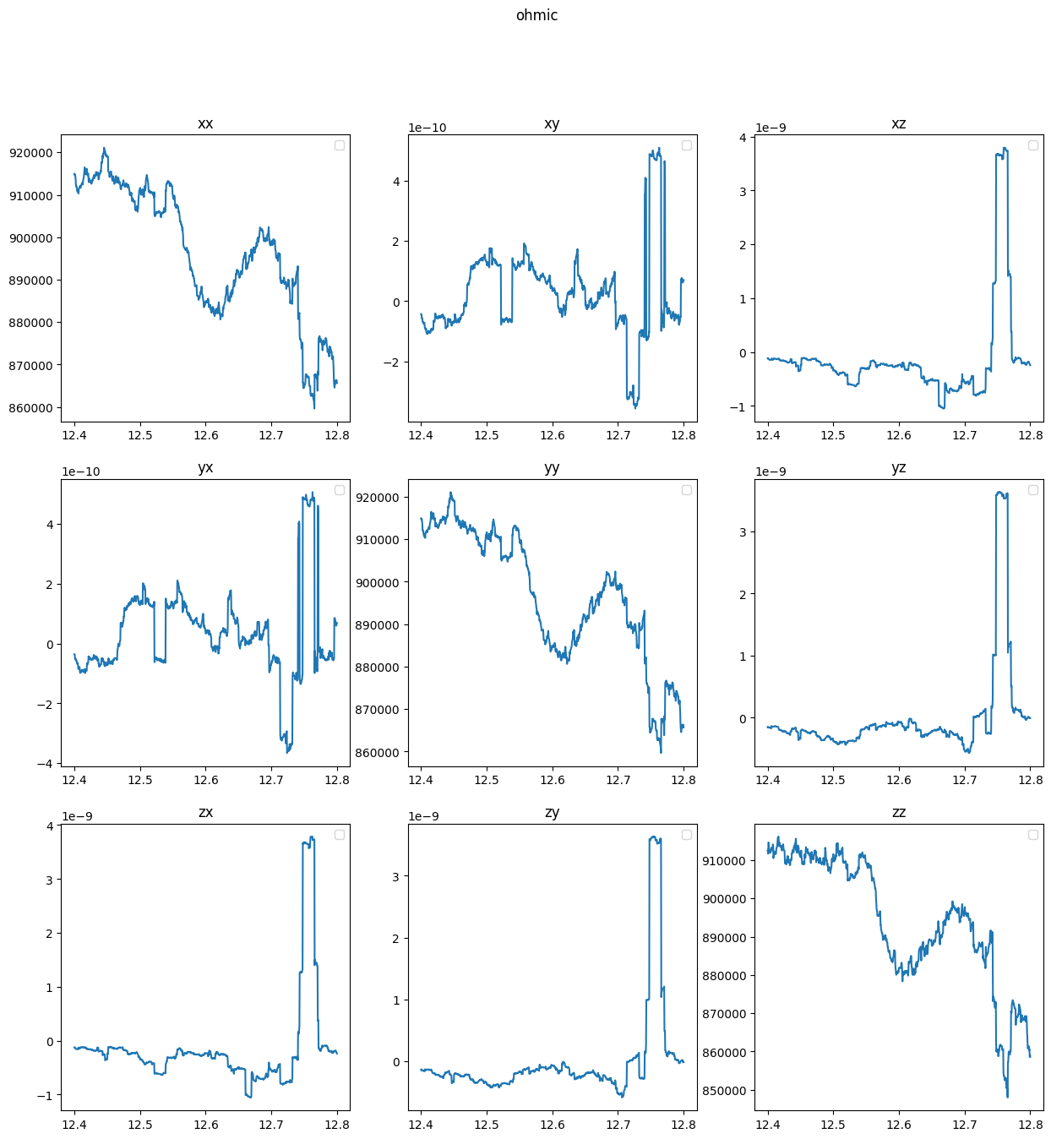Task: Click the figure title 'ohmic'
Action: pyautogui.click(x=536, y=15)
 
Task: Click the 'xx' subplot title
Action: pyautogui.click(x=205, y=123)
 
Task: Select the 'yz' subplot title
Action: pyautogui.click(x=898, y=468)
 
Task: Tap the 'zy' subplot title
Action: pyautogui.click(x=552, y=813)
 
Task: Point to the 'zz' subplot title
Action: pyautogui.click(x=898, y=813)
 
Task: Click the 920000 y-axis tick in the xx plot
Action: pyautogui.click(x=31, y=153)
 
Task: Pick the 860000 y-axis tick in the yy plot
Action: pyautogui.click(x=377, y=753)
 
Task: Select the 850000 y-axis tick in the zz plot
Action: pyautogui.click(x=724, y=1091)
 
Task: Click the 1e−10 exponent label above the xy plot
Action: pyautogui.click(x=427, y=128)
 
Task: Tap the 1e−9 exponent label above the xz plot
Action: pyautogui.click(x=771, y=128)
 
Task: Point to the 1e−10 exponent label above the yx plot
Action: pyautogui.click(x=81, y=472)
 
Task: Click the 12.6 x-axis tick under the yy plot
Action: pyautogui.click(x=552, y=780)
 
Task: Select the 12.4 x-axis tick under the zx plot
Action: pyautogui.click(x=74, y=1125)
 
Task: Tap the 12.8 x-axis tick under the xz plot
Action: pyautogui.click(x=1031, y=435)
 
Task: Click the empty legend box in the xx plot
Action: pyautogui.click(x=340, y=145)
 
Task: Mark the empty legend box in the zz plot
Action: pyautogui.click(x=1033, y=835)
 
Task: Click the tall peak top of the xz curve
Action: pyautogui.click(x=1004, y=148)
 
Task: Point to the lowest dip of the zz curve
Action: pyautogui.click(x=1007, y=1097)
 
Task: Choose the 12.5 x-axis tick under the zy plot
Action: pyautogui.click(x=487, y=1125)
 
